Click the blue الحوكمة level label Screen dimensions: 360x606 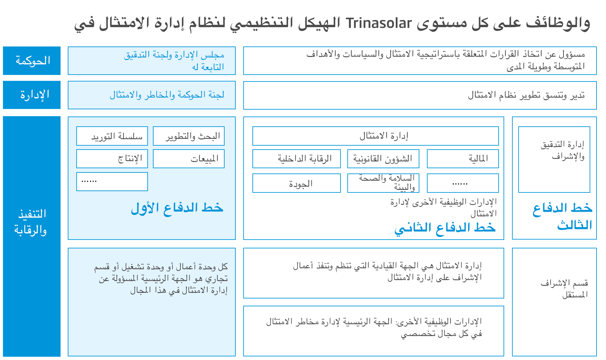tap(32, 61)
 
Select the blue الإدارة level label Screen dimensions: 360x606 tap(34, 95)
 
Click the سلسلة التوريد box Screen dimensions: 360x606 tap(112, 136)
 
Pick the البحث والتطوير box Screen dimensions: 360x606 tap(189, 136)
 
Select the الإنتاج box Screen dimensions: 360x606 tap(112, 159)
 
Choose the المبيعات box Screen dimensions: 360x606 tap(189, 159)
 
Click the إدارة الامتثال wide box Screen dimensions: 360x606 tap(376, 136)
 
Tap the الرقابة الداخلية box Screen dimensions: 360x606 tap(297, 159)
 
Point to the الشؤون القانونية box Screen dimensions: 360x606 tap(383, 159)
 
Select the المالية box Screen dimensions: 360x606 tap(463, 159)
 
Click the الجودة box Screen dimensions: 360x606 tap(297, 183)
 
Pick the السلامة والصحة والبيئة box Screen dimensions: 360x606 tap(383, 183)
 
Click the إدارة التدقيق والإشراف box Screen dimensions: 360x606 tap(554, 159)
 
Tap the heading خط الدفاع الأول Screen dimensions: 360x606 tap(177, 208)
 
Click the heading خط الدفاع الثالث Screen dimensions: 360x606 tap(562, 216)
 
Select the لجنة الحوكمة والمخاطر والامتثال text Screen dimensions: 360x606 tap(167, 95)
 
